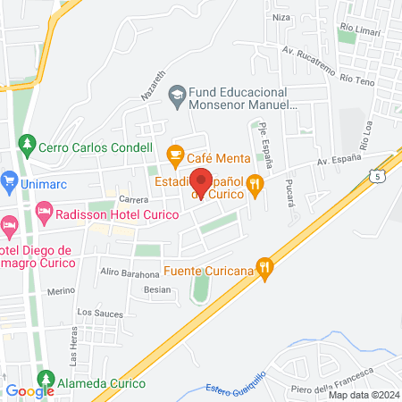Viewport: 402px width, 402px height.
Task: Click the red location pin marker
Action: coord(202,181)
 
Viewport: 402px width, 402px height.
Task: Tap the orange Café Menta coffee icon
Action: coord(175,154)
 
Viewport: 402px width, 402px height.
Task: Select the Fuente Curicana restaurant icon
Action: coord(264,267)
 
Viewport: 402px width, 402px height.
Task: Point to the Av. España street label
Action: coord(338,161)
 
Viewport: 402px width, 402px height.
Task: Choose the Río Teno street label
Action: coord(357,80)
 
